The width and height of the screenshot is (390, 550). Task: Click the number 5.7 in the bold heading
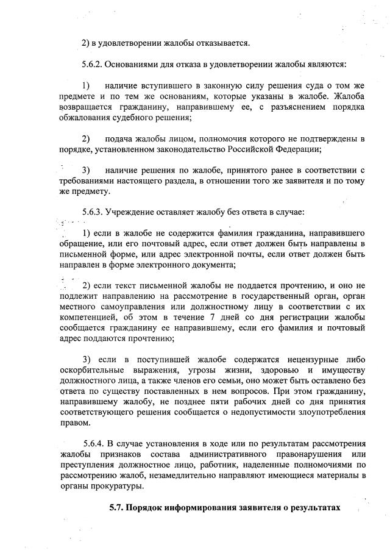coord(116,507)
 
